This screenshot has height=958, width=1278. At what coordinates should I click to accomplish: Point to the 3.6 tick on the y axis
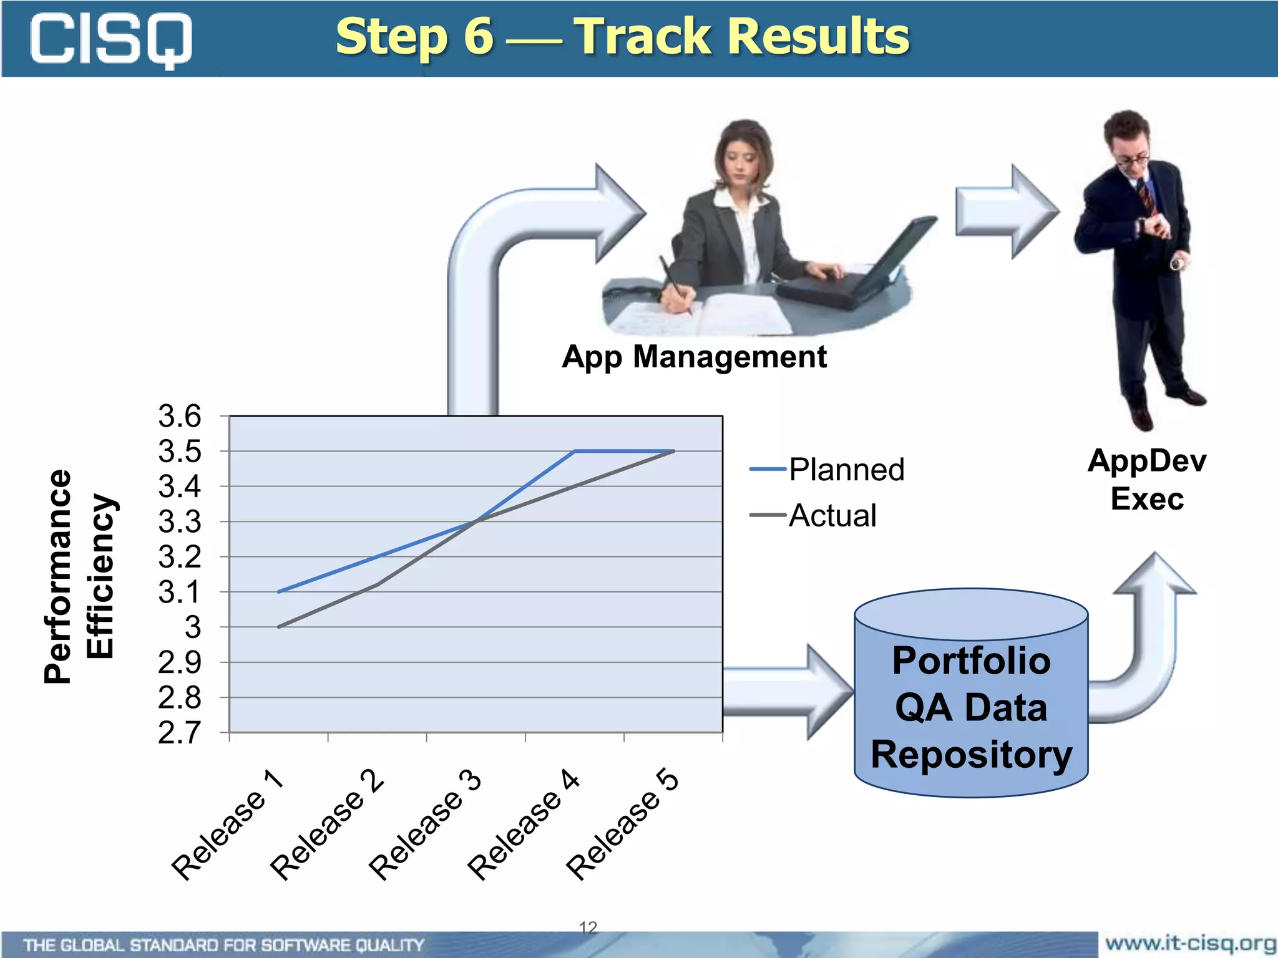[x=180, y=416]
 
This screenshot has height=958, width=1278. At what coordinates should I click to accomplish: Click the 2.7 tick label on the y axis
[x=180, y=733]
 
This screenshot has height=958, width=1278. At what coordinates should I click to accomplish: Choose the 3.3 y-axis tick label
[x=180, y=522]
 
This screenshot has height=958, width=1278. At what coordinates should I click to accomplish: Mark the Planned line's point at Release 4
[x=575, y=451]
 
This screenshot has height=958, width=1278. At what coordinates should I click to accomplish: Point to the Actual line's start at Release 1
[x=279, y=627]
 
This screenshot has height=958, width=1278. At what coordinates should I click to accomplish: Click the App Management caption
[x=694, y=357]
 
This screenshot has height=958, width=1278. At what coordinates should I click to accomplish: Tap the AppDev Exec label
[x=1146, y=480]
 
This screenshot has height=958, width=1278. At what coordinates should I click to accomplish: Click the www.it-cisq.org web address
[x=1189, y=942]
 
